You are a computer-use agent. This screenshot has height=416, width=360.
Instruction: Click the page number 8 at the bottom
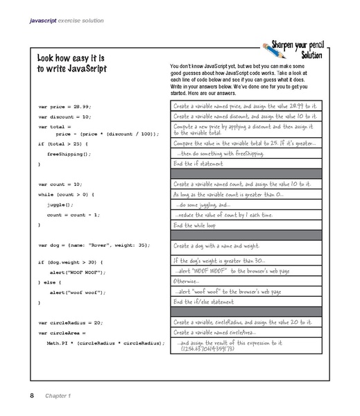[x=31, y=395]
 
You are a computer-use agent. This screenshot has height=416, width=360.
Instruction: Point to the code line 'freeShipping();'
[x=68, y=153]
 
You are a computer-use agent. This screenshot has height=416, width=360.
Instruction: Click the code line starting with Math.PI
[x=105, y=343]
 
